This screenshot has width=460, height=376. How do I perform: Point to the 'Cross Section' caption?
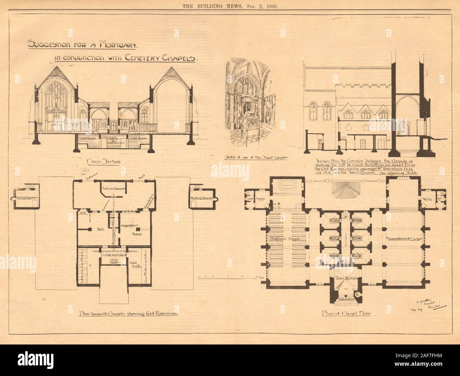coord(103,161)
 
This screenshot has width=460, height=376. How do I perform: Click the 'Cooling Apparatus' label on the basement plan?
coord(114,188)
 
